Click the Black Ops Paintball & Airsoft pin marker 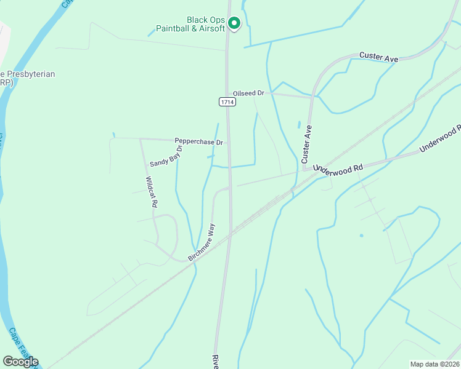pos(234,23)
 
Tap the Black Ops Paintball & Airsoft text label pos(190,24)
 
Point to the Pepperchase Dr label pos(198,142)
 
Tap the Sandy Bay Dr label pos(166,156)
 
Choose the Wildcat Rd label pos(152,192)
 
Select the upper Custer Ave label pos(378,57)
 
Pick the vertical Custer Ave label pos(307,144)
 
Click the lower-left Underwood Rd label pos(339,167)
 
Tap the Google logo pos(20,362)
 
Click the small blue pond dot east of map pos(361,235)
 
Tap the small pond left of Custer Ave pos(299,124)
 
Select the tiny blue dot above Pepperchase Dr pos(113,134)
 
